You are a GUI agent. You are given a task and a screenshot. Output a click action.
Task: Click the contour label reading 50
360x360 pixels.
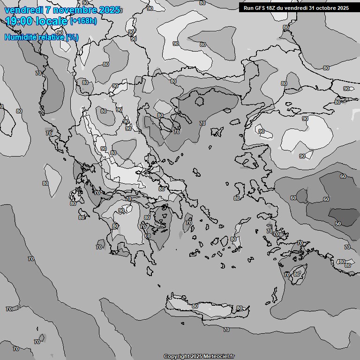point(338,224)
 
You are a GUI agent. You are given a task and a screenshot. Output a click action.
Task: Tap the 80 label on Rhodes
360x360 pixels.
point(297,274)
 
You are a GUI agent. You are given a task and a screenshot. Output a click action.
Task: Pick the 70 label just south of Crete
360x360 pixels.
point(226,330)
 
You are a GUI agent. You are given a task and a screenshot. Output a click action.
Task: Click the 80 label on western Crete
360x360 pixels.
point(195,306)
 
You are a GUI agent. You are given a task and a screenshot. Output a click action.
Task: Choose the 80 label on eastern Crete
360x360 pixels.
point(240,308)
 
